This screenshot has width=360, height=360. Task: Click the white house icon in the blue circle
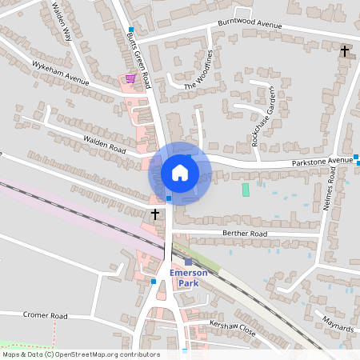point(179,172)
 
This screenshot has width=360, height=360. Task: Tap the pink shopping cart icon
point(130,78)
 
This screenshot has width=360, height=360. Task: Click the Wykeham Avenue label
point(60,74)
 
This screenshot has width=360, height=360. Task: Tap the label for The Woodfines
point(200,70)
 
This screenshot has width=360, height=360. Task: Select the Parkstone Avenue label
point(322,161)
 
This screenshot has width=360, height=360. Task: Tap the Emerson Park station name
point(188,278)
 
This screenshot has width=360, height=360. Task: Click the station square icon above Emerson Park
point(189,262)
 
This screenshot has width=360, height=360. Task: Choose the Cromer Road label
point(46,315)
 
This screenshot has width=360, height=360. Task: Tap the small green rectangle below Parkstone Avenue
point(246,190)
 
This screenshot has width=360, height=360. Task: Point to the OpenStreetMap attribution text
point(81,354)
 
